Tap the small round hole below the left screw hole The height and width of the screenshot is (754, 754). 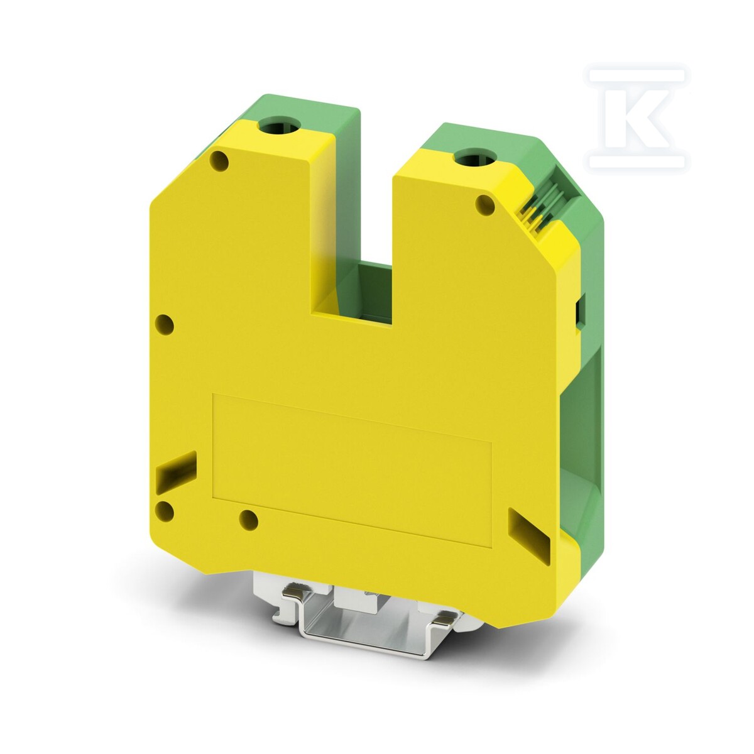(219, 161)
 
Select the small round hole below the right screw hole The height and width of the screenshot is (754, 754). (485, 205)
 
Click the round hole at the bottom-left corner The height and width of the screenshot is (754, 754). (165, 511)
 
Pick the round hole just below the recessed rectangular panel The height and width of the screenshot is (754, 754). (248, 520)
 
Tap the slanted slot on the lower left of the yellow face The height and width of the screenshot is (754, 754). (176, 473)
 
